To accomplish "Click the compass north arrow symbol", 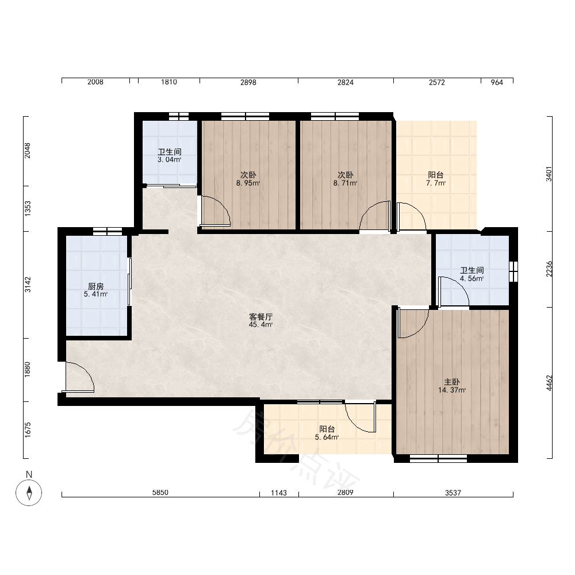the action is [x=29, y=492].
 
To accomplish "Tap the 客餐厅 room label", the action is [x=260, y=316].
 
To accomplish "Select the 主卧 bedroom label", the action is [x=452, y=382].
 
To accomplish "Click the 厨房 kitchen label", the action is [x=95, y=286].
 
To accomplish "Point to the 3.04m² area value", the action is [x=170, y=160].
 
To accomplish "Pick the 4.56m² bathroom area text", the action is [x=472, y=279].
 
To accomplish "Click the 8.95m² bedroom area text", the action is [x=248, y=183].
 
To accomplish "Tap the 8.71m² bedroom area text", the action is [x=346, y=183].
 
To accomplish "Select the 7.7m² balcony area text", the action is [x=436, y=183].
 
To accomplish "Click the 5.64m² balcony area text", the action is [x=327, y=438].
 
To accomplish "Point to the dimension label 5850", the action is [x=160, y=493].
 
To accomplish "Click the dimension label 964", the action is [x=497, y=82].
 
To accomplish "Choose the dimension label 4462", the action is [x=549, y=383].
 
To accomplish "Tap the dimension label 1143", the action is [x=279, y=493].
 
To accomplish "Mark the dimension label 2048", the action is [x=28, y=151].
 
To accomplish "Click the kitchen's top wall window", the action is [x=107, y=231].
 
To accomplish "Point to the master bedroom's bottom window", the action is [x=438, y=458].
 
